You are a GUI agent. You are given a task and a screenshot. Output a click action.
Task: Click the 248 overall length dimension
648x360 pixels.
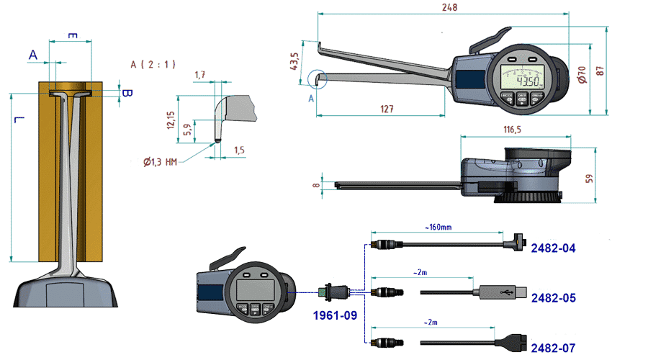(451, 7)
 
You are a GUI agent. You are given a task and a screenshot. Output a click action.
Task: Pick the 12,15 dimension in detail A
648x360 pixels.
(170, 118)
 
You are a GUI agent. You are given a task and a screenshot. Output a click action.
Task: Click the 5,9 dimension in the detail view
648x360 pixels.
(186, 130)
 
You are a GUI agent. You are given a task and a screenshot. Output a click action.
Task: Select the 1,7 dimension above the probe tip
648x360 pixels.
(200, 74)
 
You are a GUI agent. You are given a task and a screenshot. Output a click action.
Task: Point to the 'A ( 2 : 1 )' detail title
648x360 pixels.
(153, 63)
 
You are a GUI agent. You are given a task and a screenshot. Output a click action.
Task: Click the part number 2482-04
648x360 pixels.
(553, 248)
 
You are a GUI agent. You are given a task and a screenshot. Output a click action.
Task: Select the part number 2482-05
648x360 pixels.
(553, 297)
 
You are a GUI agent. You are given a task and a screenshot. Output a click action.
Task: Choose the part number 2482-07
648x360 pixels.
(553, 348)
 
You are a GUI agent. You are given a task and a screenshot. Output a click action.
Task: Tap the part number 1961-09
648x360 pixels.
(335, 315)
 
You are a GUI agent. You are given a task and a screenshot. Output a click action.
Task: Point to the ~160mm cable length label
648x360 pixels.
(438, 228)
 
